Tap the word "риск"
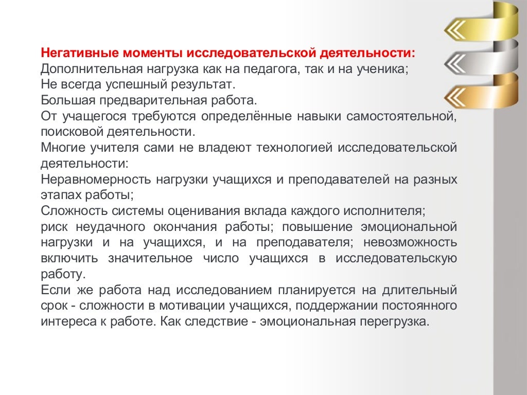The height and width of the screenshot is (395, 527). point(54,227)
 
